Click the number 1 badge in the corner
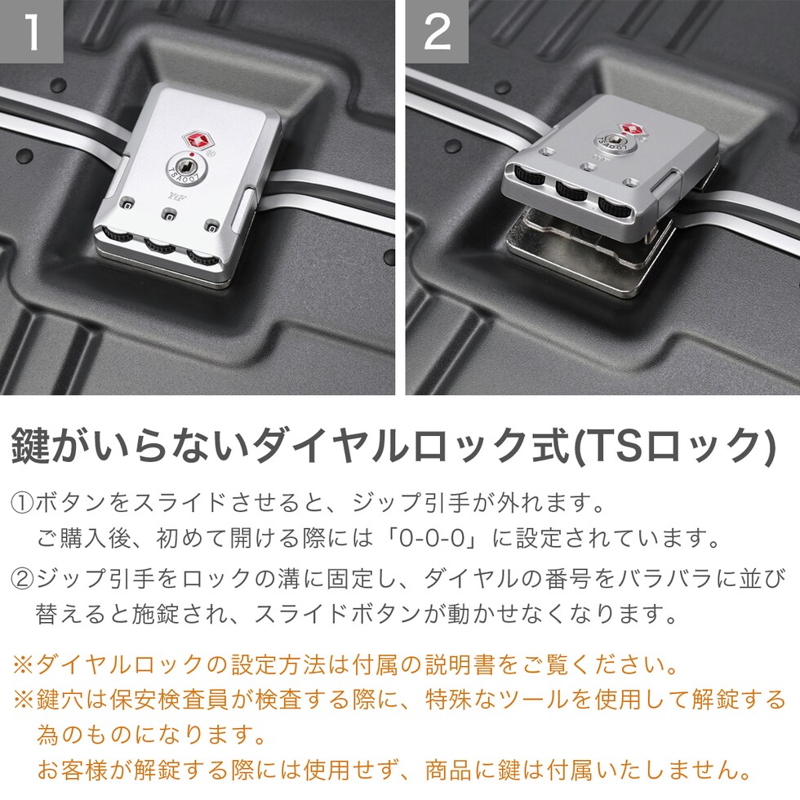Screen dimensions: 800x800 (x=31, y=31)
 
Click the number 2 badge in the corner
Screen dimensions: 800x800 (x=438, y=31)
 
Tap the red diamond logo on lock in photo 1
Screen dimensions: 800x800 (x=196, y=140)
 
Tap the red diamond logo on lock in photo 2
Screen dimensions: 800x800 (x=632, y=130)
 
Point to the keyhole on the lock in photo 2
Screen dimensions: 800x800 (x=615, y=140)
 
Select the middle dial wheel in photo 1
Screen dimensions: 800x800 (x=160, y=246)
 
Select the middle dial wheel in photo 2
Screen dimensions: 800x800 (x=572, y=189)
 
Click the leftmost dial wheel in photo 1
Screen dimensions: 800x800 (x=118, y=235)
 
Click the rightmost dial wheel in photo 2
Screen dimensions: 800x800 (x=616, y=206)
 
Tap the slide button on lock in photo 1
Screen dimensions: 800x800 (x=243, y=210)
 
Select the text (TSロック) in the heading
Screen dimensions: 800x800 (x=674, y=446)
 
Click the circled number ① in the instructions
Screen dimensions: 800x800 (x=22, y=503)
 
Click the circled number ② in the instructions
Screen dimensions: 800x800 (x=22, y=578)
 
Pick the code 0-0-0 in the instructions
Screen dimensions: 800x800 (x=432, y=539)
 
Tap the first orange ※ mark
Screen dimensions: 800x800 (x=24, y=664)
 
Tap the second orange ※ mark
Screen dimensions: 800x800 (x=24, y=700)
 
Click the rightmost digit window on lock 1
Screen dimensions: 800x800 (x=211, y=225)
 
